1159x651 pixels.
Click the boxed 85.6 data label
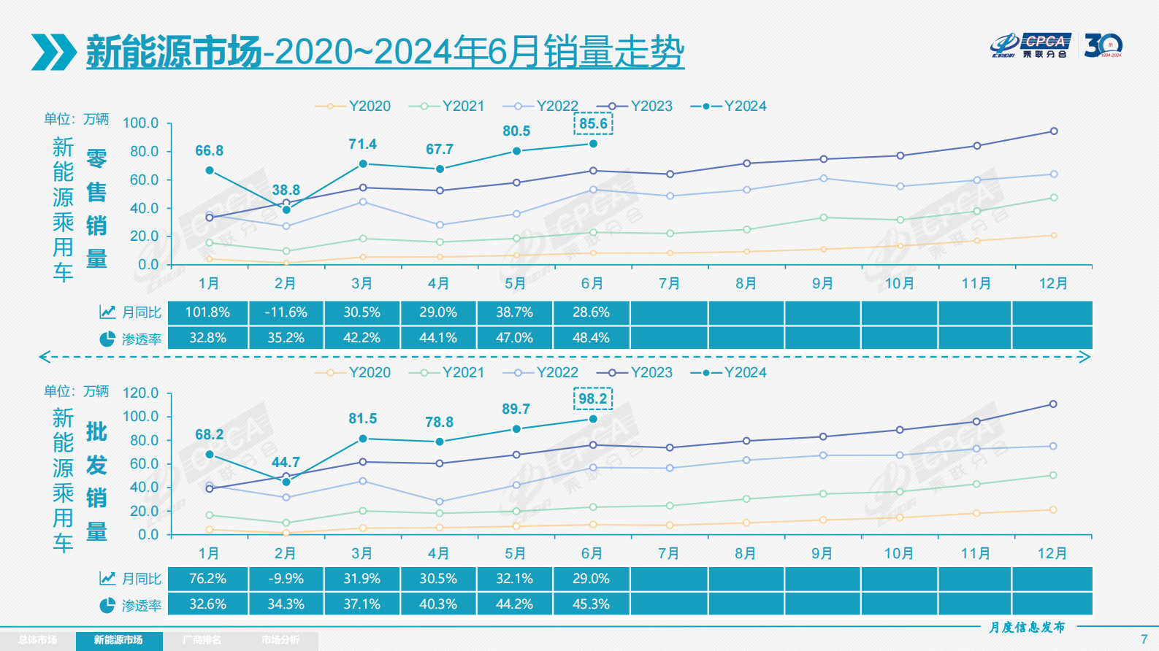tap(593, 123)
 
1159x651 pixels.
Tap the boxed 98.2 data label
tap(592, 398)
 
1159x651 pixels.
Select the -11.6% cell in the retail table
tap(286, 312)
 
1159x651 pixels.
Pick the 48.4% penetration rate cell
tap(591, 338)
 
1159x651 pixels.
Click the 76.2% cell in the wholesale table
tap(207, 579)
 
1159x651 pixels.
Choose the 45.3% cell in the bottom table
tap(591, 604)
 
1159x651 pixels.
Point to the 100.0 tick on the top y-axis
tap(140, 123)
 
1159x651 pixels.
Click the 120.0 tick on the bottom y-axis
tap(140, 393)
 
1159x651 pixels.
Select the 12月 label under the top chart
tap(1053, 283)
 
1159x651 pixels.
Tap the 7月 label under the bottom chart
tap(669, 553)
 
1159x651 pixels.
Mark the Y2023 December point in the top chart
tap(1053, 131)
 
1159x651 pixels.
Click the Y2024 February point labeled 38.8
tap(286, 210)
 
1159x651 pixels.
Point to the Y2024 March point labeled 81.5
tap(363, 439)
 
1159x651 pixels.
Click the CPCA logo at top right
tap(1031, 45)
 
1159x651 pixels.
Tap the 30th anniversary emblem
tap(1102, 45)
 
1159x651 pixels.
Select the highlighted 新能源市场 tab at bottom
tap(118, 640)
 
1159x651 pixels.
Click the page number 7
tap(1144, 639)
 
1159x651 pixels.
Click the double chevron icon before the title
tap(53, 52)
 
